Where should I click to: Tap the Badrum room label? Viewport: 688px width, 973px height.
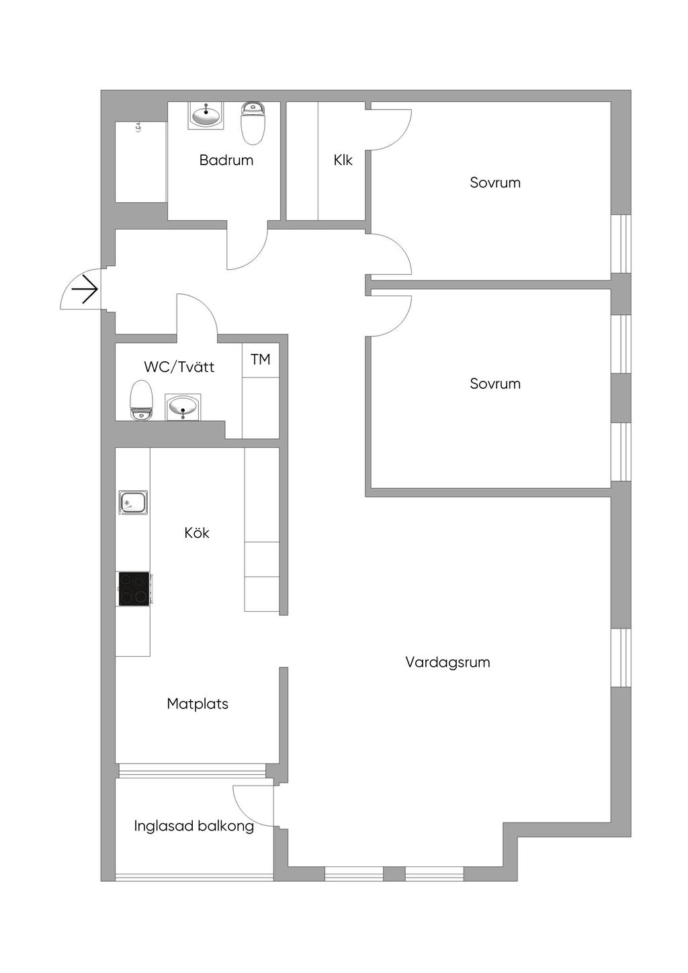tap(226, 160)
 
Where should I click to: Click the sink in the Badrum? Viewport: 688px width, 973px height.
tap(206, 115)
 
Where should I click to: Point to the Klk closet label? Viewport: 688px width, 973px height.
tap(343, 160)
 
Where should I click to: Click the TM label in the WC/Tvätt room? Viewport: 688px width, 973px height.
tap(261, 360)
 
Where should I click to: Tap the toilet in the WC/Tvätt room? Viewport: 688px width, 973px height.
tap(141, 400)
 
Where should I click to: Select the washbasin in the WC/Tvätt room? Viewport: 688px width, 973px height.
tap(183, 407)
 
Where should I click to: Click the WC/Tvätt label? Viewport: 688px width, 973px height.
tap(179, 367)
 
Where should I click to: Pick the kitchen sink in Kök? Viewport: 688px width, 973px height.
tap(133, 502)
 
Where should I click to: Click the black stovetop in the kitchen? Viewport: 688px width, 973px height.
tap(134, 589)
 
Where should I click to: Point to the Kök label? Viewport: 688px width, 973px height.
tap(197, 533)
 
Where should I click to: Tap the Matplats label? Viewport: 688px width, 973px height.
tap(198, 704)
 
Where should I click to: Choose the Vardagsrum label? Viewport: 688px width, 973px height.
tap(447, 663)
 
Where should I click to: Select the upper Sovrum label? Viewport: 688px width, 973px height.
tap(495, 183)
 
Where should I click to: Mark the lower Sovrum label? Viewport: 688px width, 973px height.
tap(495, 384)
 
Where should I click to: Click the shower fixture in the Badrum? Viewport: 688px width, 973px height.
tap(138, 126)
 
